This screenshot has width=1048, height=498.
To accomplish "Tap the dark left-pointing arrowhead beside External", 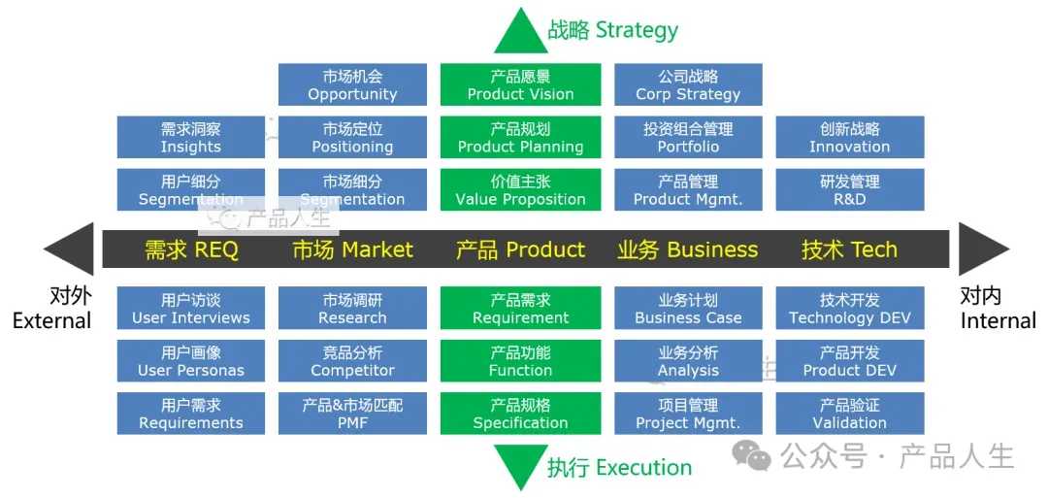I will (70, 249).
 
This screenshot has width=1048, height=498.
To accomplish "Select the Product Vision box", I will (520, 84).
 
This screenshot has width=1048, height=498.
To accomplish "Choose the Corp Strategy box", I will (688, 84).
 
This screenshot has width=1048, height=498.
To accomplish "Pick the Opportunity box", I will (352, 84).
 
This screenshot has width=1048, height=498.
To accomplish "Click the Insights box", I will (190, 137).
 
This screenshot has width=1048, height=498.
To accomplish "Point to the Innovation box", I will (849, 137).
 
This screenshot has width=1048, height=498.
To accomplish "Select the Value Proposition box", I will (520, 189).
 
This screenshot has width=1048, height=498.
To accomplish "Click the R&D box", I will (849, 189).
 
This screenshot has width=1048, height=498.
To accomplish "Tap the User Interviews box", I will (190, 308).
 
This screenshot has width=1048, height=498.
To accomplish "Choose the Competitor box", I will (352, 360).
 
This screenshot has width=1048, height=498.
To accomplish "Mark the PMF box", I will (352, 413).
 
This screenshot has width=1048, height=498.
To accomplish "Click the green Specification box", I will (520, 413).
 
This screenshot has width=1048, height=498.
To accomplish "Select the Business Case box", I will (688, 308).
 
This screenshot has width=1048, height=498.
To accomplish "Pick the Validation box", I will (849, 413).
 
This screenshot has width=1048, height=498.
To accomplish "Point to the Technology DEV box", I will (849, 308).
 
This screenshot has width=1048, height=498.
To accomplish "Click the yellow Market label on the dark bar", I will (352, 249).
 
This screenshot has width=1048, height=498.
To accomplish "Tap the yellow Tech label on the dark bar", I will (849, 249).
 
